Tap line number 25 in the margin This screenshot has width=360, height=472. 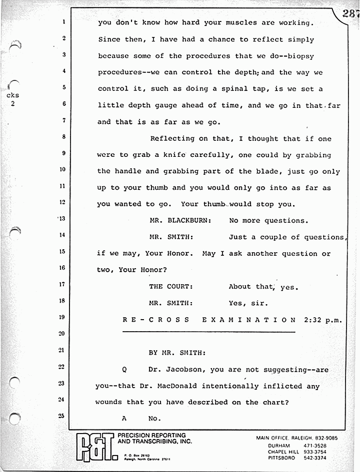pyautogui.click(x=62, y=416)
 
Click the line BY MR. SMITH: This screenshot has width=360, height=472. pyautogui.click(x=176, y=353)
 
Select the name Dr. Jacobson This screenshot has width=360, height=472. pyautogui.click(x=176, y=370)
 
